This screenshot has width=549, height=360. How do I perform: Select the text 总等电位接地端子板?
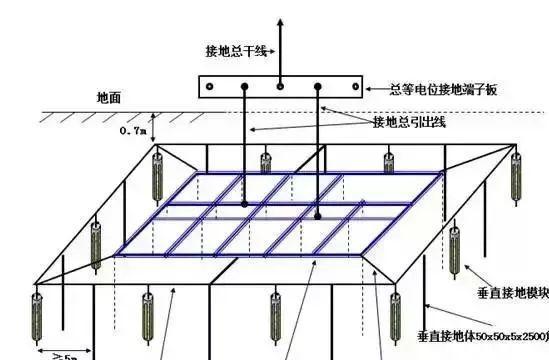(443, 89)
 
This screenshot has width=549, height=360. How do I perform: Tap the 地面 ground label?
(109, 98)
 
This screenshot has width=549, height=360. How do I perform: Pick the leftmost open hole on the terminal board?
(210, 88)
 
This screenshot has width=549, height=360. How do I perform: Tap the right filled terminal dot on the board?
(317, 88)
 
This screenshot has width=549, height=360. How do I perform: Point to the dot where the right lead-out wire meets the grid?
(317, 213)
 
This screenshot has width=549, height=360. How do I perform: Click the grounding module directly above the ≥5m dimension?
(38, 315)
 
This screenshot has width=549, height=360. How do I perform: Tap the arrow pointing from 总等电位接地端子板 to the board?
(370, 88)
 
